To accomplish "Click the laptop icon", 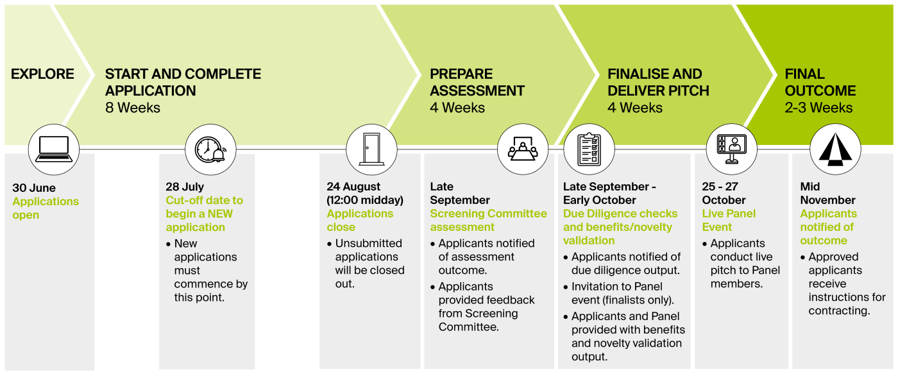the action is pyautogui.click(x=54, y=149).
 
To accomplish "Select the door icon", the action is pyautogui.click(x=371, y=149).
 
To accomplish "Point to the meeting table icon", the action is pyautogui.click(x=523, y=149).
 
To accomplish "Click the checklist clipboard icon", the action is pyautogui.click(x=589, y=149).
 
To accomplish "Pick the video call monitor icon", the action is pyautogui.click(x=732, y=149).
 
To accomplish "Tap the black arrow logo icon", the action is pyautogui.click(x=835, y=149).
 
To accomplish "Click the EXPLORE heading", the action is pyautogui.click(x=42, y=74).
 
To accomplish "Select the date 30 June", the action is pyautogui.click(x=34, y=187).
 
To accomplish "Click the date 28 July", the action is pyautogui.click(x=185, y=187).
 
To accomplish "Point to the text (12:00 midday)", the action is pyautogui.click(x=365, y=200).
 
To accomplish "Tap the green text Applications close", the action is pyautogui.click(x=360, y=220).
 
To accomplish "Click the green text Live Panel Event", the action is pyautogui.click(x=729, y=220).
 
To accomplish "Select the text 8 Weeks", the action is pyautogui.click(x=133, y=108).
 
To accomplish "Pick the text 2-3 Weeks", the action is pyautogui.click(x=818, y=108).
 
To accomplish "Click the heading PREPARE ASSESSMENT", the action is pyautogui.click(x=477, y=82).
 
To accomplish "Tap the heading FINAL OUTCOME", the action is pyautogui.click(x=820, y=82).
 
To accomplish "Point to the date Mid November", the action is pyautogui.click(x=828, y=193).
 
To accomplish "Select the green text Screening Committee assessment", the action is pyautogui.click(x=488, y=220).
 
